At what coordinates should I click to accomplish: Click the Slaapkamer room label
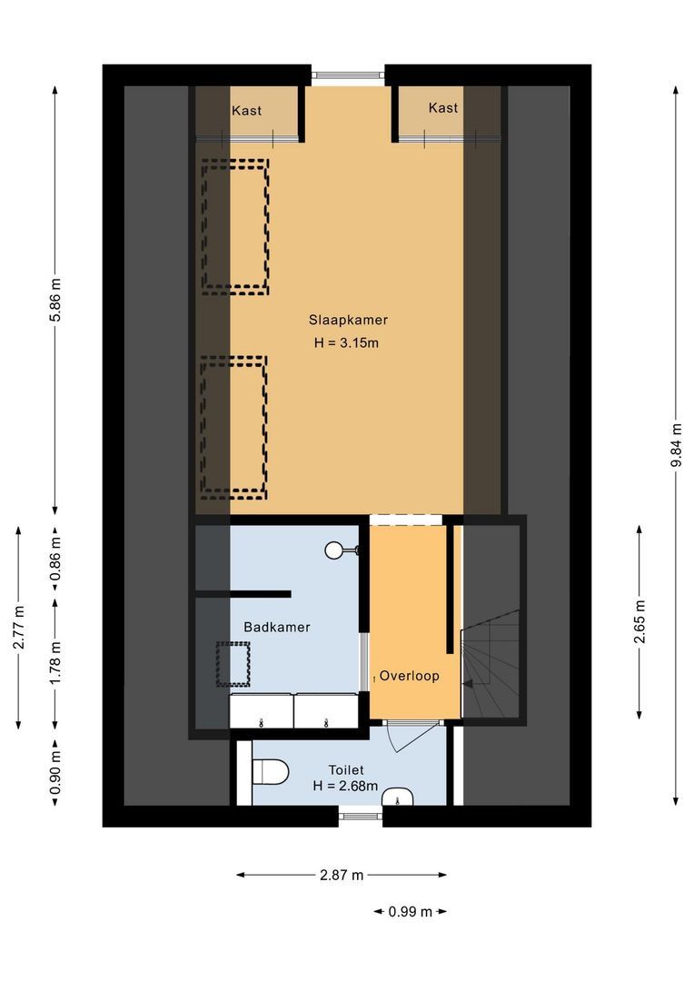[347, 320]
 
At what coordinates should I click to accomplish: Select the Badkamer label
[277, 627]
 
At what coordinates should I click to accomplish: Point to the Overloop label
[410, 676]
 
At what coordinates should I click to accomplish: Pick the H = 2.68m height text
[345, 786]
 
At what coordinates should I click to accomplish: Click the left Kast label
[247, 111]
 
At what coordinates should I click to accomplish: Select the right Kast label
[443, 108]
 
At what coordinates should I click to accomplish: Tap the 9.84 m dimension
[675, 445]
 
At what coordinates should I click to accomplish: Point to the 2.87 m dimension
[342, 876]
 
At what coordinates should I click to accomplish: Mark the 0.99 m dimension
[410, 911]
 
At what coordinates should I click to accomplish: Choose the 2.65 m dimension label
[640, 620]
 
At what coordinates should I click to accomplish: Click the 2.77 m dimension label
[18, 628]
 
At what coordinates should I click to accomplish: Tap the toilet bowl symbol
[269, 772]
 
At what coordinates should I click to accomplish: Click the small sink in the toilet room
[397, 798]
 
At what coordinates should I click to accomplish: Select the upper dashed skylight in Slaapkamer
[234, 227]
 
